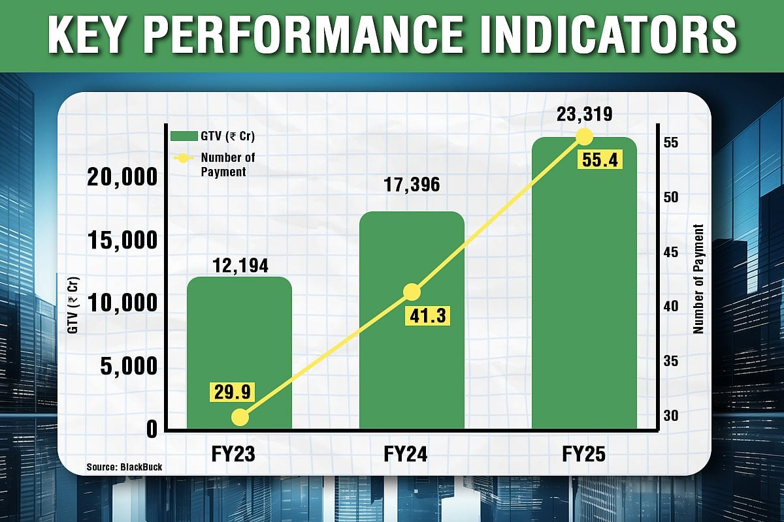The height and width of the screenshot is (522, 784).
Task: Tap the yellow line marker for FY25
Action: click(584, 136)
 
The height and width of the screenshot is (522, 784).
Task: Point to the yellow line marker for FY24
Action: click(412, 292)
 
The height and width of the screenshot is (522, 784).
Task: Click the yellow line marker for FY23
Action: click(240, 416)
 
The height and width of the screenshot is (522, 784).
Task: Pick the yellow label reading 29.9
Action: click(231, 391)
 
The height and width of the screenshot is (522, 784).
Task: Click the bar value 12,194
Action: click(240, 266)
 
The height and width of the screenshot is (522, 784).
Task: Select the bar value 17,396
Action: click(412, 185)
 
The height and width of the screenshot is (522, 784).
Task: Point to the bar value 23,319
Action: click(584, 115)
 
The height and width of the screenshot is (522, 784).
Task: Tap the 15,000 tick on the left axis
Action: click(123, 240)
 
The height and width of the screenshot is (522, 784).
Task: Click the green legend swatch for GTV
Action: click(184, 136)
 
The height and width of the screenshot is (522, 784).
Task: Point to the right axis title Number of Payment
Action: click(699, 279)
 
